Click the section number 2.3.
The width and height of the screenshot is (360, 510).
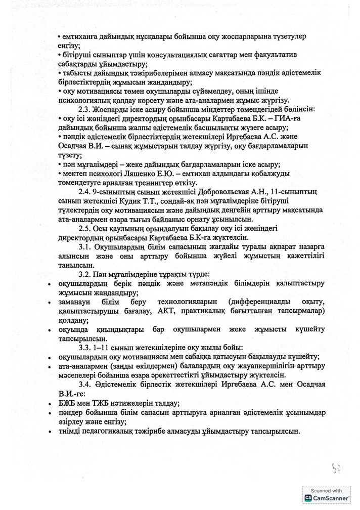tap(85, 109)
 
